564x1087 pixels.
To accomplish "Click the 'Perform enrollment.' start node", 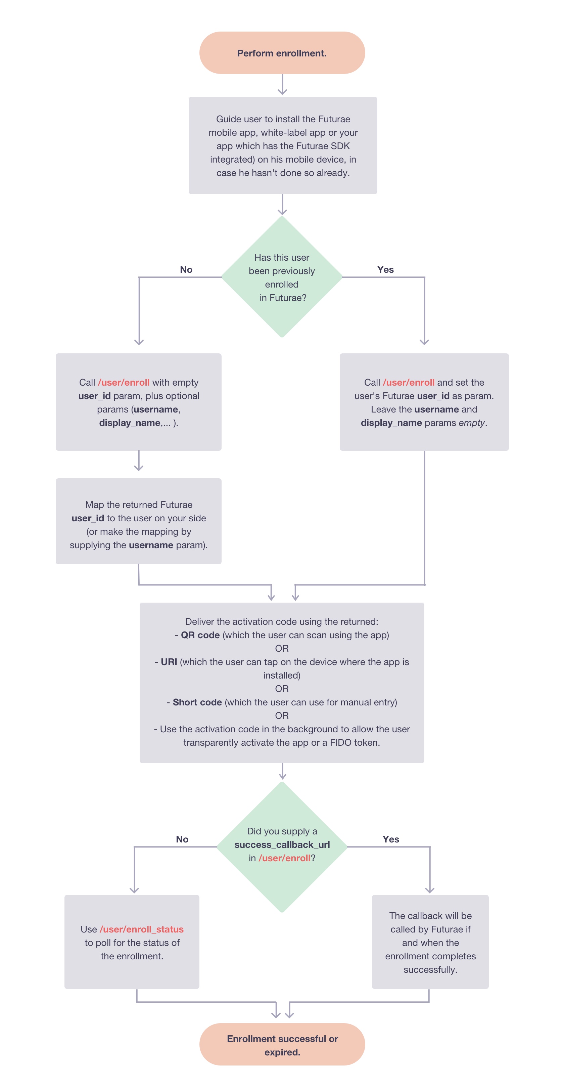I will pyautogui.click(x=282, y=53).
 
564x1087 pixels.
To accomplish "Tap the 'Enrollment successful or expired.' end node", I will pyautogui.click(x=282, y=1044).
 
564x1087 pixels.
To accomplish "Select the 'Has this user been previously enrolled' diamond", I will pyautogui.click(x=282, y=277).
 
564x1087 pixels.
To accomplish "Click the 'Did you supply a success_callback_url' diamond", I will pyautogui.click(x=282, y=846).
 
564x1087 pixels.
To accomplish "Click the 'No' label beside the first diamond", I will pyautogui.click(x=186, y=270).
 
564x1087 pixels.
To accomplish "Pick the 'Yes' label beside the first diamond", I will pyautogui.click(x=385, y=270).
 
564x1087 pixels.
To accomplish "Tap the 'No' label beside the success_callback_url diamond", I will pyautogui.click(x=182, y=839).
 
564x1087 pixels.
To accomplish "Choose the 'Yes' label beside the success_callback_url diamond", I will pyautogui.click(x=391, y=839).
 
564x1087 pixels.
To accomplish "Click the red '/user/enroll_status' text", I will pyautogui.click(x=142, y=929).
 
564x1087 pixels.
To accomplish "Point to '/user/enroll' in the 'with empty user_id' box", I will pyautogui.click(x=124, y=382).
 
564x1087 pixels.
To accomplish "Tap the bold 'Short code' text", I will pyautogui.click(x=197, y=702).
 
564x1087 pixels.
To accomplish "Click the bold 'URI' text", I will pyautogui.click(x=169, y=662).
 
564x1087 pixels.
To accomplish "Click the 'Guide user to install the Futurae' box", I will pyautogui.click(x=283, y=145).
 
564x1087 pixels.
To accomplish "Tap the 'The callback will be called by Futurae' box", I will pyautogui.click(x=430, y=942).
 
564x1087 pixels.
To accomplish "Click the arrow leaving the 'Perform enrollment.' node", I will pyautogui.click(x=282, y=85).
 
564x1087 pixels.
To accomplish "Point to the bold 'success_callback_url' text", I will pyautogui.click(x=282, y=844).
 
